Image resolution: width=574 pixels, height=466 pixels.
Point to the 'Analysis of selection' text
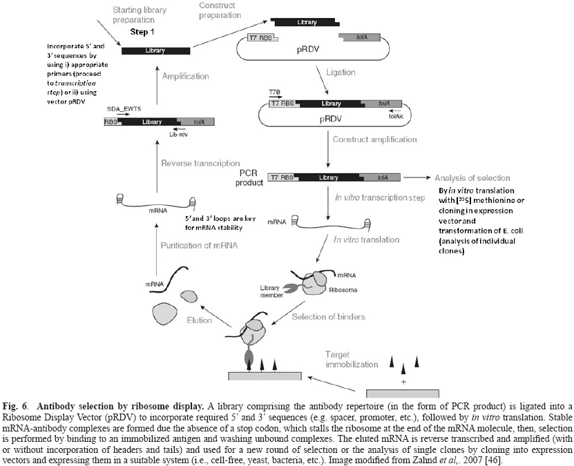click(472, 177)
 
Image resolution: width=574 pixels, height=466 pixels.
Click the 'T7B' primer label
click(277, 90)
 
